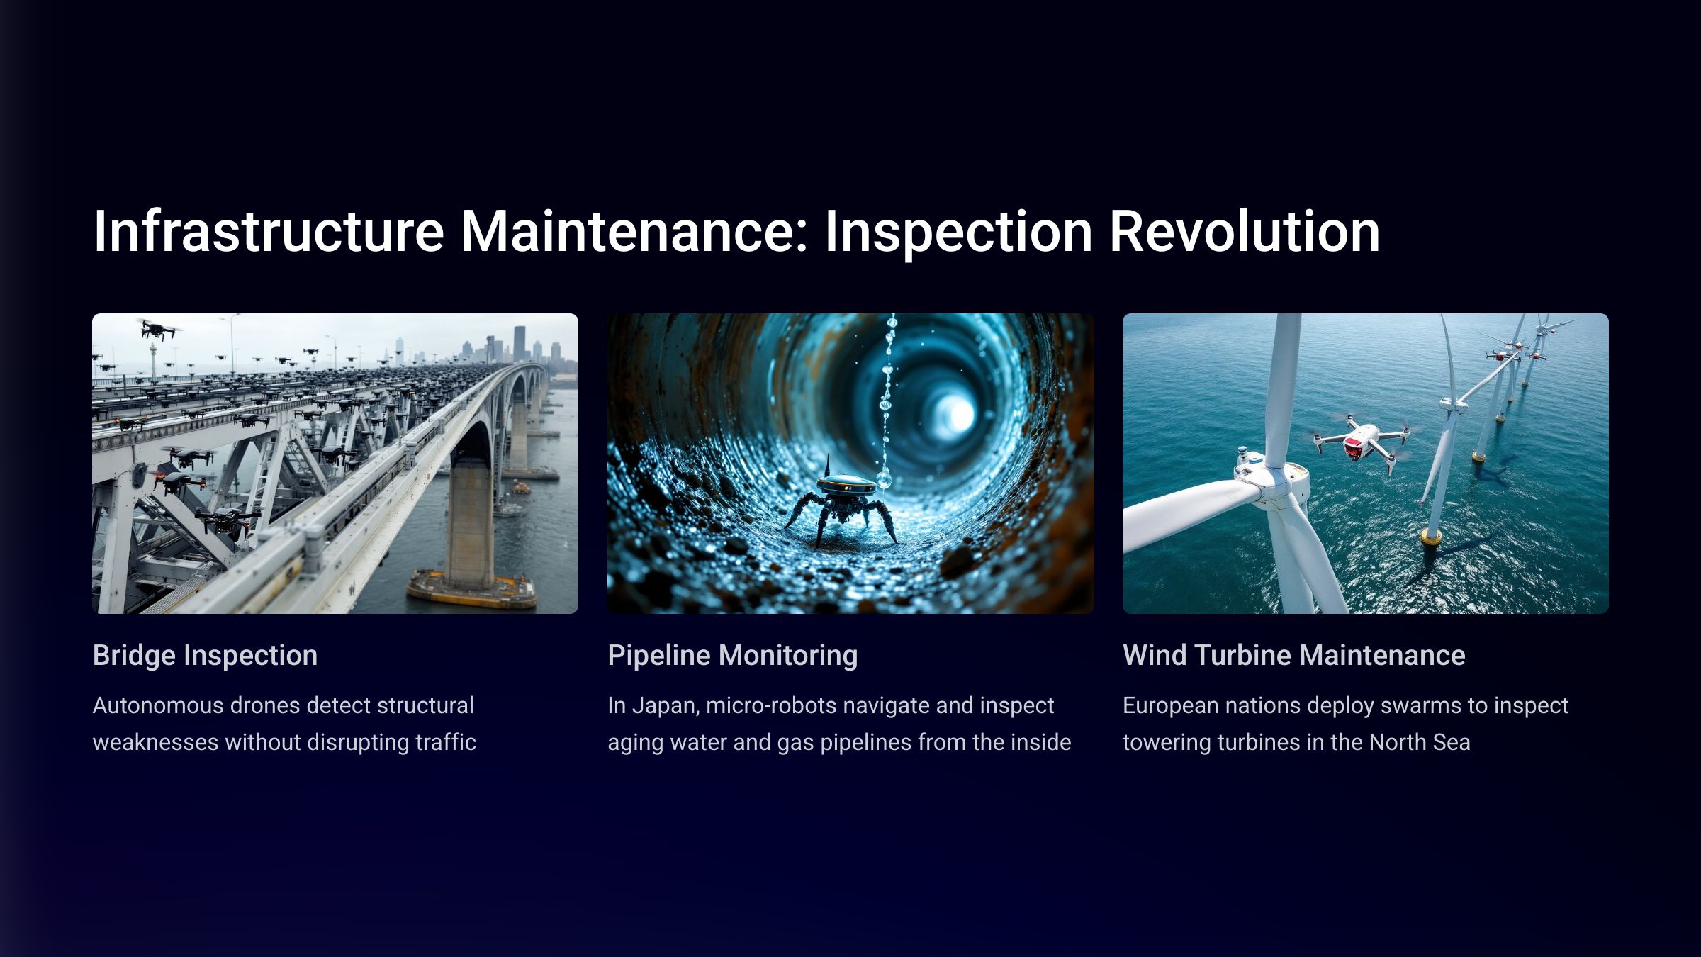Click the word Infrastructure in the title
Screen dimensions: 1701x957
pos(269,231)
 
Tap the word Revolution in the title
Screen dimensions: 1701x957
pos(1244,231)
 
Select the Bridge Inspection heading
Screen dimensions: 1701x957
pos(205,656)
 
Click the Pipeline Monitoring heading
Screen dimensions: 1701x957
pos(733,656)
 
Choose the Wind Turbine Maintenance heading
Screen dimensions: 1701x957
pos(1294,656)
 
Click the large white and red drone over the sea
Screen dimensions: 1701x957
pos(1361,443)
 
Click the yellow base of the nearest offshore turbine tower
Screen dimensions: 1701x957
pos(1432,537)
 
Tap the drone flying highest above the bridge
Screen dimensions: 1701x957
pos(157,329)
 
